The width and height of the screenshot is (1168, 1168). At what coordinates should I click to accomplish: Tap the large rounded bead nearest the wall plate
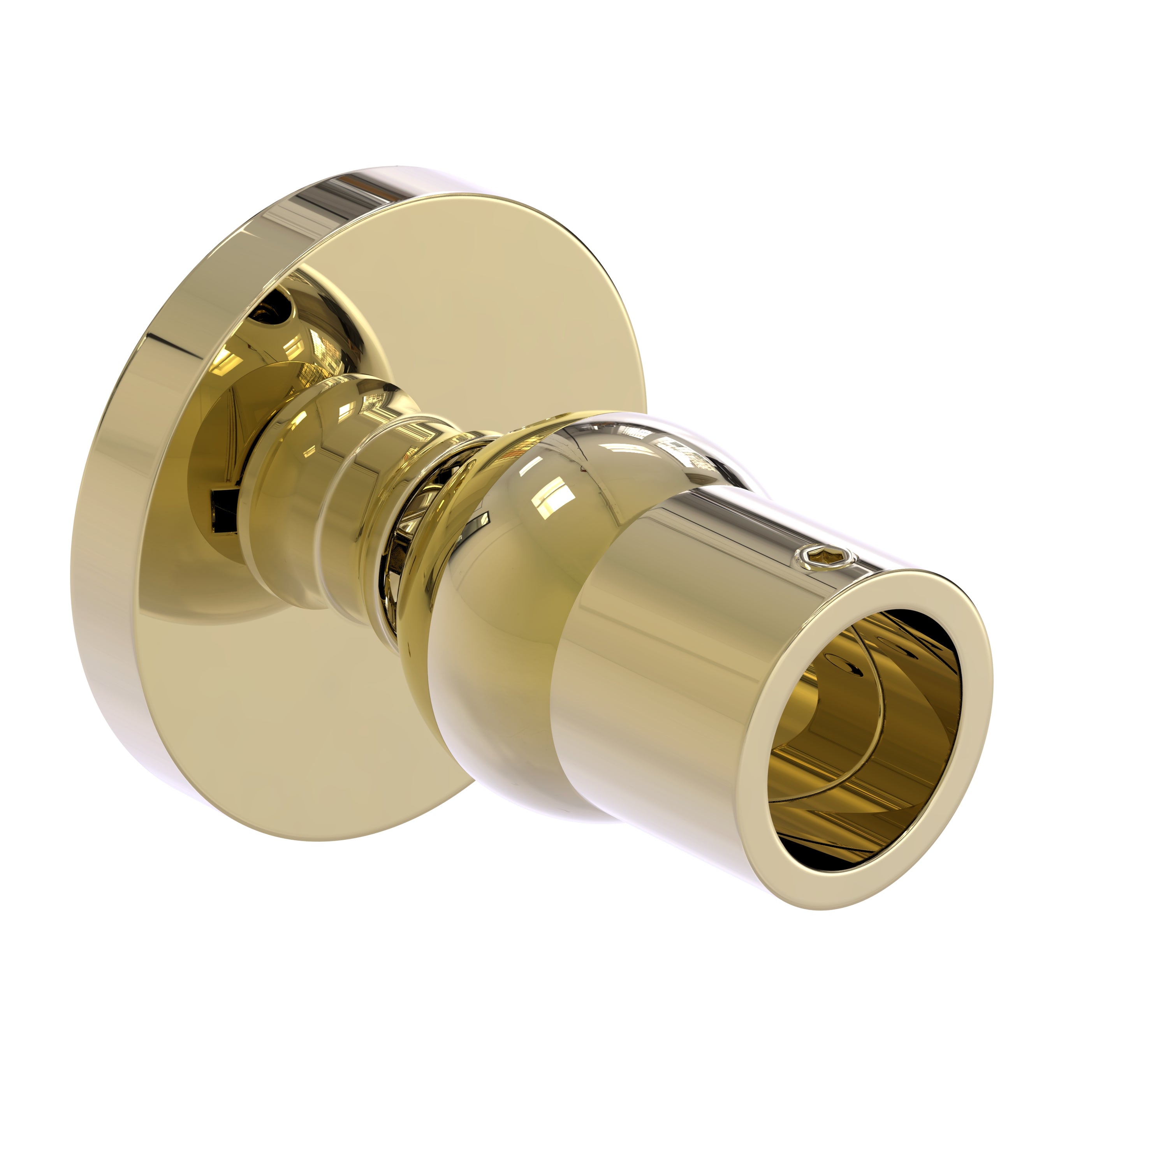[x=290, y=471]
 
